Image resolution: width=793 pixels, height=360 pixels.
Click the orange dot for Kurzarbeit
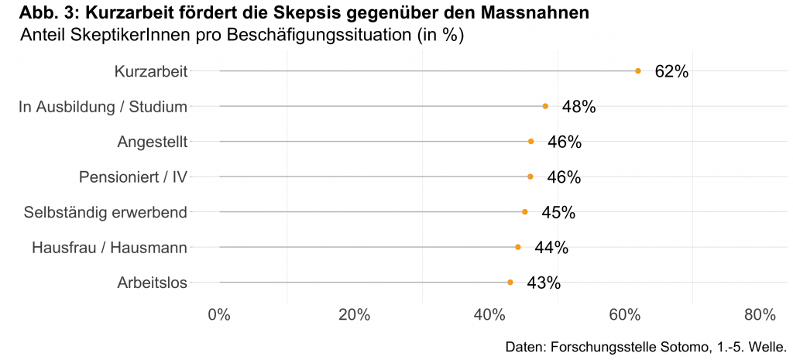click(x=637, y=70)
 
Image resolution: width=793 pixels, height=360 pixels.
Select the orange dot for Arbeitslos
click(x=510, y=282)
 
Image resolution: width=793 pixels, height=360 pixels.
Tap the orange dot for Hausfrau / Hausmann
click(x=517, y=247)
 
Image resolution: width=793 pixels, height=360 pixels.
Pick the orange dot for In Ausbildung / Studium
click(x=545, y=106)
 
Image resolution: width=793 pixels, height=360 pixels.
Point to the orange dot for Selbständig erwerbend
click(x=524, y=211)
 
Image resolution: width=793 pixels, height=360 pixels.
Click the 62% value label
click(x=671, y=71)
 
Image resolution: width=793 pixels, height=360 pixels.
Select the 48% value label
click(x=578, y=107)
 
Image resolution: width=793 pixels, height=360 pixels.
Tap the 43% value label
click(x=544, y=283)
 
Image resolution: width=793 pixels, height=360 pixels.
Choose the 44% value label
click(x=551, y=248)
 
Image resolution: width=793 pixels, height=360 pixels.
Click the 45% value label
click(x=558, y=212)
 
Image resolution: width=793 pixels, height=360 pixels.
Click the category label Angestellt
click(x=153, y=142)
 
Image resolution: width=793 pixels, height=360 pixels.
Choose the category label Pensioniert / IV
click(x=133, y=177)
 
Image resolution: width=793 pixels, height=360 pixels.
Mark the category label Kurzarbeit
click(x=151, y=71)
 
